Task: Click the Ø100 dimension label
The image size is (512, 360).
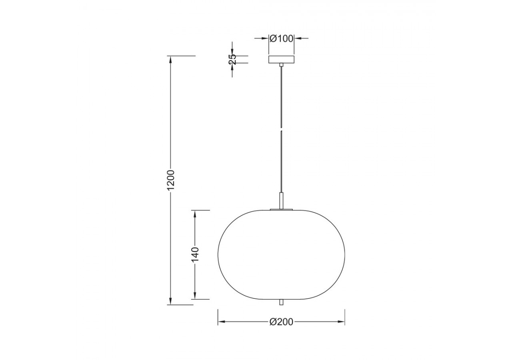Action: [282, 38]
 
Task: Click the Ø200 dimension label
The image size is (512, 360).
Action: [282, 322]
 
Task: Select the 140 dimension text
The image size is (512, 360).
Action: [195, 254]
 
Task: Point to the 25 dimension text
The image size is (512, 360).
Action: [232, 59]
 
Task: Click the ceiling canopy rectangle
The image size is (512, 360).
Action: [282, 59]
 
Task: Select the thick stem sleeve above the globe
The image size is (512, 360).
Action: [282, 200]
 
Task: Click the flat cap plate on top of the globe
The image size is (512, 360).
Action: [282, 209]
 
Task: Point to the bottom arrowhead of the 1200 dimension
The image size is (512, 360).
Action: [171, 301]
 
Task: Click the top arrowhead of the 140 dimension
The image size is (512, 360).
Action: [195, 214]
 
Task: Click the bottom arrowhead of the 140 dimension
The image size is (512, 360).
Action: [195, 296]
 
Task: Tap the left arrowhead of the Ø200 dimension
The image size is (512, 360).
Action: [221, 322]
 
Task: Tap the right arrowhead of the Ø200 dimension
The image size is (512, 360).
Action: [342, 322]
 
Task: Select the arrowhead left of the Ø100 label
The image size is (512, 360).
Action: [265, 38]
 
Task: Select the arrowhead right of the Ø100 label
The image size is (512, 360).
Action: [298, 38]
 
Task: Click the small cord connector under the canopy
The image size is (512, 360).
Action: [282, 64]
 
